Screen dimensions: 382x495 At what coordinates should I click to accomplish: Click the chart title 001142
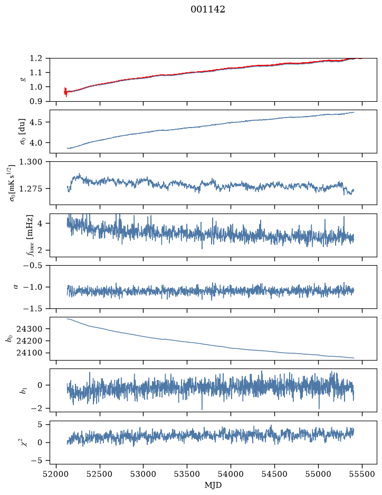coord(207,9)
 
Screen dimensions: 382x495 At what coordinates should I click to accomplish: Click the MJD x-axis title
coord(213,485)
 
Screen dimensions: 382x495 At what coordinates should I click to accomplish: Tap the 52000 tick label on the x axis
coord(56,474)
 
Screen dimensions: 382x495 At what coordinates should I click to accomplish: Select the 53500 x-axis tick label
coord(187,474)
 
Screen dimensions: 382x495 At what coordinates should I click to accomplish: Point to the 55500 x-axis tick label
coord(362,474)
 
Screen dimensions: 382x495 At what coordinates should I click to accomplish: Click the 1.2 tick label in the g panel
coord(36,58)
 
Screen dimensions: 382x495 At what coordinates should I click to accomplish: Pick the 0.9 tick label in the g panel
coord(36,101)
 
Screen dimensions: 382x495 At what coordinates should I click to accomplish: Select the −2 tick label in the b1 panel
coord(36,409)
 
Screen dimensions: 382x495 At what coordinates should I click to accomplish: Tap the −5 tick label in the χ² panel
coord(36,461)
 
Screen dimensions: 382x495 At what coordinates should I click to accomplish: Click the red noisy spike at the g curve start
coord(65,92)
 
